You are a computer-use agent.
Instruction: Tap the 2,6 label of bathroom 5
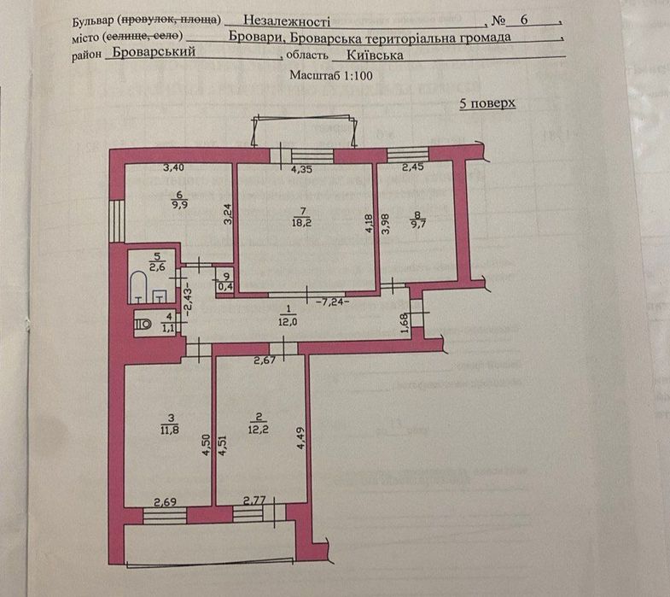(156, 267)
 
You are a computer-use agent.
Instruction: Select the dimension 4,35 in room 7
(300, 170)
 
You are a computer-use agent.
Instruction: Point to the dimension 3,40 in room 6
(173, 168)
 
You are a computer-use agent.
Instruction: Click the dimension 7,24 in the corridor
(329, 301)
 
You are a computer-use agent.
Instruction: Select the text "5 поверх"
(487, 103)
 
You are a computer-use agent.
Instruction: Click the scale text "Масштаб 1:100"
(331, 75)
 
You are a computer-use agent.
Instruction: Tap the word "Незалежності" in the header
(286, 19)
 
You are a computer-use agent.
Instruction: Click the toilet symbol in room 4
(143, 323)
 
